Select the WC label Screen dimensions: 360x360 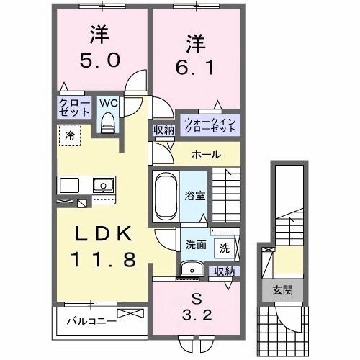pyautogui.click(x=108, y=103)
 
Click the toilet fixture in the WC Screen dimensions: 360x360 pyautogui.click(x=108, y=124)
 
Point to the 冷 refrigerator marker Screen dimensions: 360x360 pyautogui.click(x=69, y=134)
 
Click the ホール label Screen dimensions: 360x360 pyautogui.click(x=206, y=155)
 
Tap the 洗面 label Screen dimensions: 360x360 pyautogui.click(x=197, y=244)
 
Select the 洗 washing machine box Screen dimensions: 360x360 pyautogui.click(x=225, y=248)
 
